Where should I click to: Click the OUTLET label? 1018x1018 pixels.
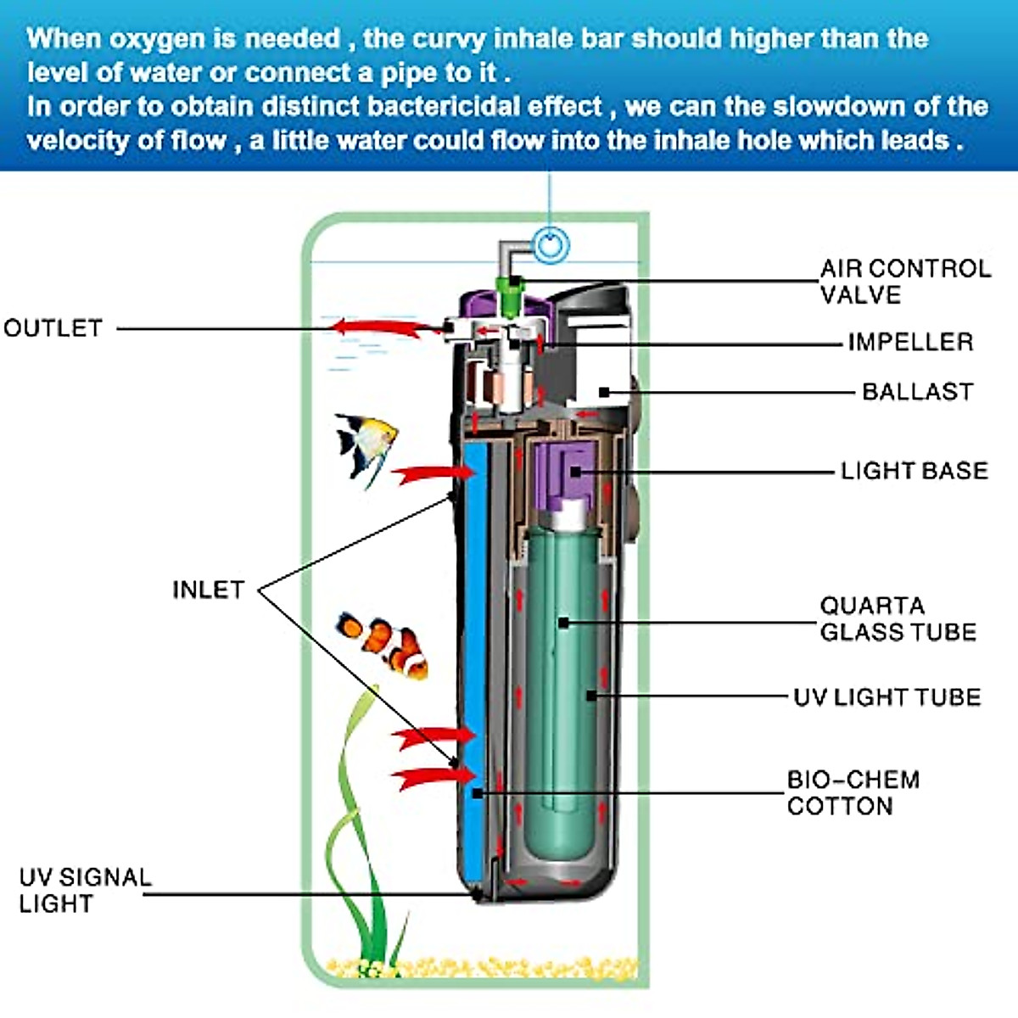coord(53,328)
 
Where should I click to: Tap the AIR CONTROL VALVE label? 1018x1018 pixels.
coord(904,282)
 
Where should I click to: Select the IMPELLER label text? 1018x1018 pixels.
coord(910,342)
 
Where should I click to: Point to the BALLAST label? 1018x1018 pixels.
coord(917,392)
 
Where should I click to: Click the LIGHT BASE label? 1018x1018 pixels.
coord(914,471)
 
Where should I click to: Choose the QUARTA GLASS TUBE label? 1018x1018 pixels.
coord(898,618)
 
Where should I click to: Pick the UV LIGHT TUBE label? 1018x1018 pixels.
coord(887,697)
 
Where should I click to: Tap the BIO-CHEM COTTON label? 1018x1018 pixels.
coord(853,793)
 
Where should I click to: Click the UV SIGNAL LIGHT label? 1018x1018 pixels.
coord(84,890)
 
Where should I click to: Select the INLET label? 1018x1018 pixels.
coord(208,590)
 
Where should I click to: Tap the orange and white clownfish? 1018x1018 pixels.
coord(383,644)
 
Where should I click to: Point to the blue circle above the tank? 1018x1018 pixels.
coord(551,246)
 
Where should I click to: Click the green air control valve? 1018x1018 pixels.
coord(512,297)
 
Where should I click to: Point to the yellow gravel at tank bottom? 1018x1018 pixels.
coord(484,967)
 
